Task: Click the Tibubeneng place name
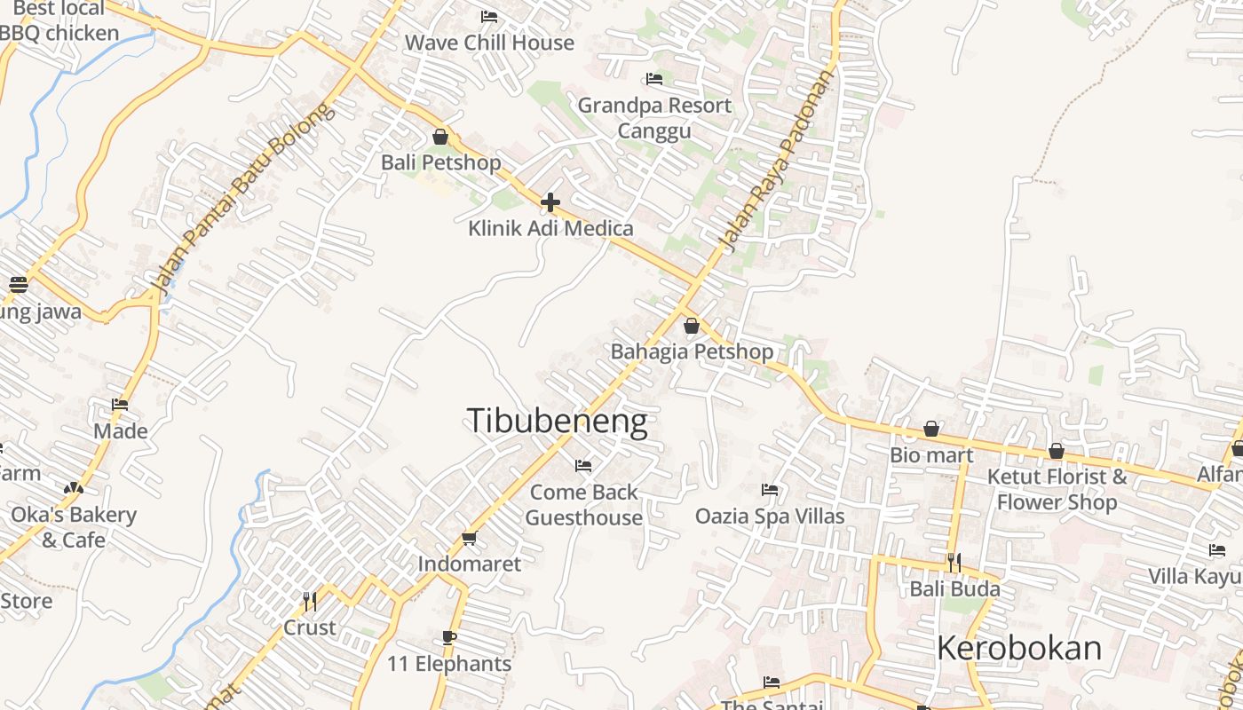557,422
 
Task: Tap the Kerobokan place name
1018,649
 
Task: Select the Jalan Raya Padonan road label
778,161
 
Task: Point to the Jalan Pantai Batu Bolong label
241,198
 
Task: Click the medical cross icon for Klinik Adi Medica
550,202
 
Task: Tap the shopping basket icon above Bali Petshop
440,137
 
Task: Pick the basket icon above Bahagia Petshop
692,326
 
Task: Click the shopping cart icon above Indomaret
470,538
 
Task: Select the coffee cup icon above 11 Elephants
449,637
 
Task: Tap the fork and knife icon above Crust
310,602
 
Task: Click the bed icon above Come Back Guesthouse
583,465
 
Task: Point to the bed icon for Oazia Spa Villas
770,489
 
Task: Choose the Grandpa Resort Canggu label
654,118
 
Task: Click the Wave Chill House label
489,43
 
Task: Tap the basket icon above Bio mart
931,430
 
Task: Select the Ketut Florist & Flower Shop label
1057,490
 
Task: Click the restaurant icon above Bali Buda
954,563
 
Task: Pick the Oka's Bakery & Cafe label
74,527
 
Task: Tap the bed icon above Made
120,405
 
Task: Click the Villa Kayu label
1194,577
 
